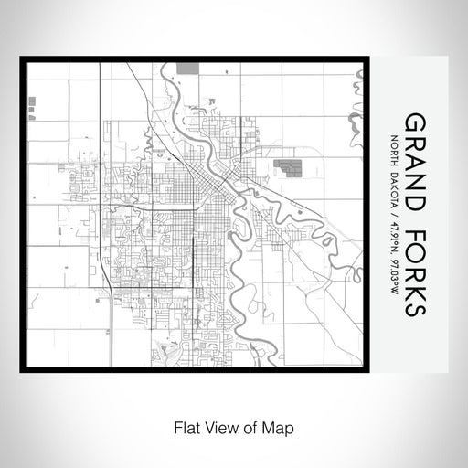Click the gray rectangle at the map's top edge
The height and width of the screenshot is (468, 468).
187,67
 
